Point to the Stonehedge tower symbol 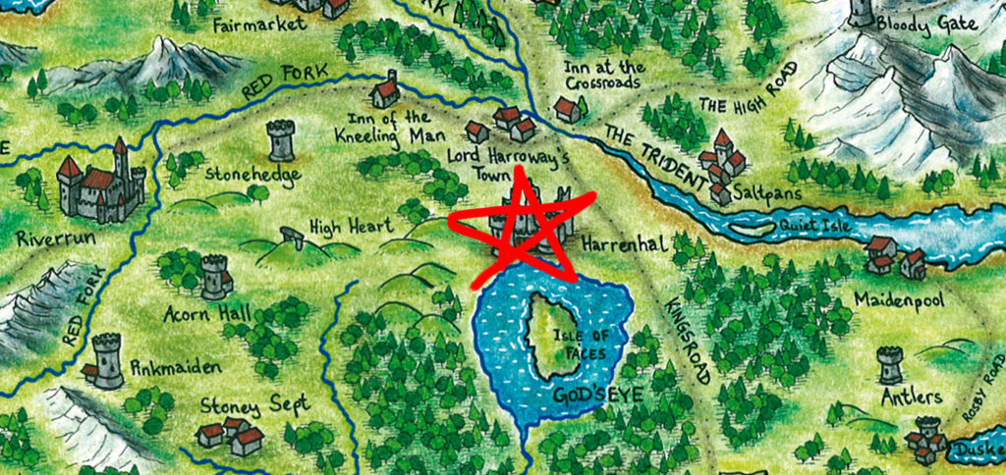coord(281,140)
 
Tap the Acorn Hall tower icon coord(214,277)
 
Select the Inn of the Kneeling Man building coord(386,91)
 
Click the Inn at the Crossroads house coord(567,109)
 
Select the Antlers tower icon coord(890,365)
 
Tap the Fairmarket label coord(260,26)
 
